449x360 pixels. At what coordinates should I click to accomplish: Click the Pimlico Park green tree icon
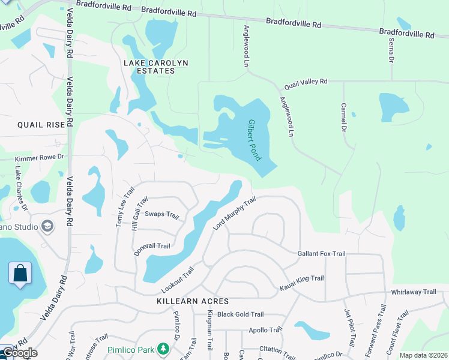pyautogui.click(x=163, y=349)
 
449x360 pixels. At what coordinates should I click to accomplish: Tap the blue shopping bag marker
pyautogui.click(x=20, y=274)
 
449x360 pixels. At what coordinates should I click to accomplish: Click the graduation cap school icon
pyautogui.click(x=47, y=226)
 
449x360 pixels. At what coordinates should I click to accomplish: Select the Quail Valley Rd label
pyautogui.click(x=306, y=82)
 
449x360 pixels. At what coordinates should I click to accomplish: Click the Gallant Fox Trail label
pyautogui.click(x=322, y=254)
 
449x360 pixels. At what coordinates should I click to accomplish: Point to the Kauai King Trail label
pyautogui.click(x=302, y=283)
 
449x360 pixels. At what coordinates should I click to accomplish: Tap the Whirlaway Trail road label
pyautogui.click(x=414, y=292)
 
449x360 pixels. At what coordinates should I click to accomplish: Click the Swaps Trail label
pyautogui.click(x=162, y=214)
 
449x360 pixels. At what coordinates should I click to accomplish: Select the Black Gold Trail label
pyautogui.click(x=240, y=314)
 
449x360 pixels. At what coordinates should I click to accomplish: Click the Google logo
pyautogui.click(x=20, y=353)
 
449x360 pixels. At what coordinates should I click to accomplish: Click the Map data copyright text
pyautogui.click(x=423, y=355)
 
